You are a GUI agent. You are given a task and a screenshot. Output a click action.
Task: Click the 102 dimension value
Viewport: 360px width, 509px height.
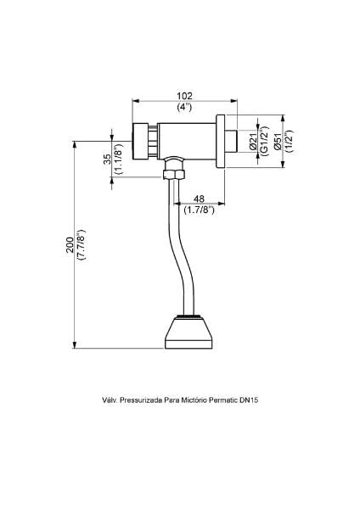184,96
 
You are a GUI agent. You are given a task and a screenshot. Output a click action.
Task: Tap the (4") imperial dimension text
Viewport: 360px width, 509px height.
184,107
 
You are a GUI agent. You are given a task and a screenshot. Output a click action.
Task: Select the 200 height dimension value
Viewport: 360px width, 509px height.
70,245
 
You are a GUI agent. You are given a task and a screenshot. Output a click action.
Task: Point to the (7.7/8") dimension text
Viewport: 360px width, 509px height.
81,245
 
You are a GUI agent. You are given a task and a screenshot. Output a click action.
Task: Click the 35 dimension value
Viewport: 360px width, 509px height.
107,159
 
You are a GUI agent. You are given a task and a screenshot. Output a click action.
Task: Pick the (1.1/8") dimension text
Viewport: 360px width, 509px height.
118,159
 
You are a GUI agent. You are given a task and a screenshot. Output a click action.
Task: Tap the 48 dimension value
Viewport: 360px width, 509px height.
199,199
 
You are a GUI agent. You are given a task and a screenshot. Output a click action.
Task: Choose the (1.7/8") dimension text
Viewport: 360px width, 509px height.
199,210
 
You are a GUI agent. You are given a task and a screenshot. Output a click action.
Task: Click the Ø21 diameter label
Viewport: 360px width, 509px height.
254,142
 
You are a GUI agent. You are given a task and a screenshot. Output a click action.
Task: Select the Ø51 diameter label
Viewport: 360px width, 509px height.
278,141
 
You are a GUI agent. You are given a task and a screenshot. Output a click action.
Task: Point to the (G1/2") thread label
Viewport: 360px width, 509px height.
265,141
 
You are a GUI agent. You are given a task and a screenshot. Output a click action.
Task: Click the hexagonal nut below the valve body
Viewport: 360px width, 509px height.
173,174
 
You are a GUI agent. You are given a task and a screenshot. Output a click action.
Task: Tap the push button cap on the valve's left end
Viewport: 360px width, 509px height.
140,142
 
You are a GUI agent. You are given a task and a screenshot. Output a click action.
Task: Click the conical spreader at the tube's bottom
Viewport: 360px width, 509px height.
188,332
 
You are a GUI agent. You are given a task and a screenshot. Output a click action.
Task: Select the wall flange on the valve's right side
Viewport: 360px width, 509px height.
221,141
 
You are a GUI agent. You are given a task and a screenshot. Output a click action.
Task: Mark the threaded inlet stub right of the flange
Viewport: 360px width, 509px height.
232,141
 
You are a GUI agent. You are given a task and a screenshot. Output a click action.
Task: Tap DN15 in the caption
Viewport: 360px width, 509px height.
249,400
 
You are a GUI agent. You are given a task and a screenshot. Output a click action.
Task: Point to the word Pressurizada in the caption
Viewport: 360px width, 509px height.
141,400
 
